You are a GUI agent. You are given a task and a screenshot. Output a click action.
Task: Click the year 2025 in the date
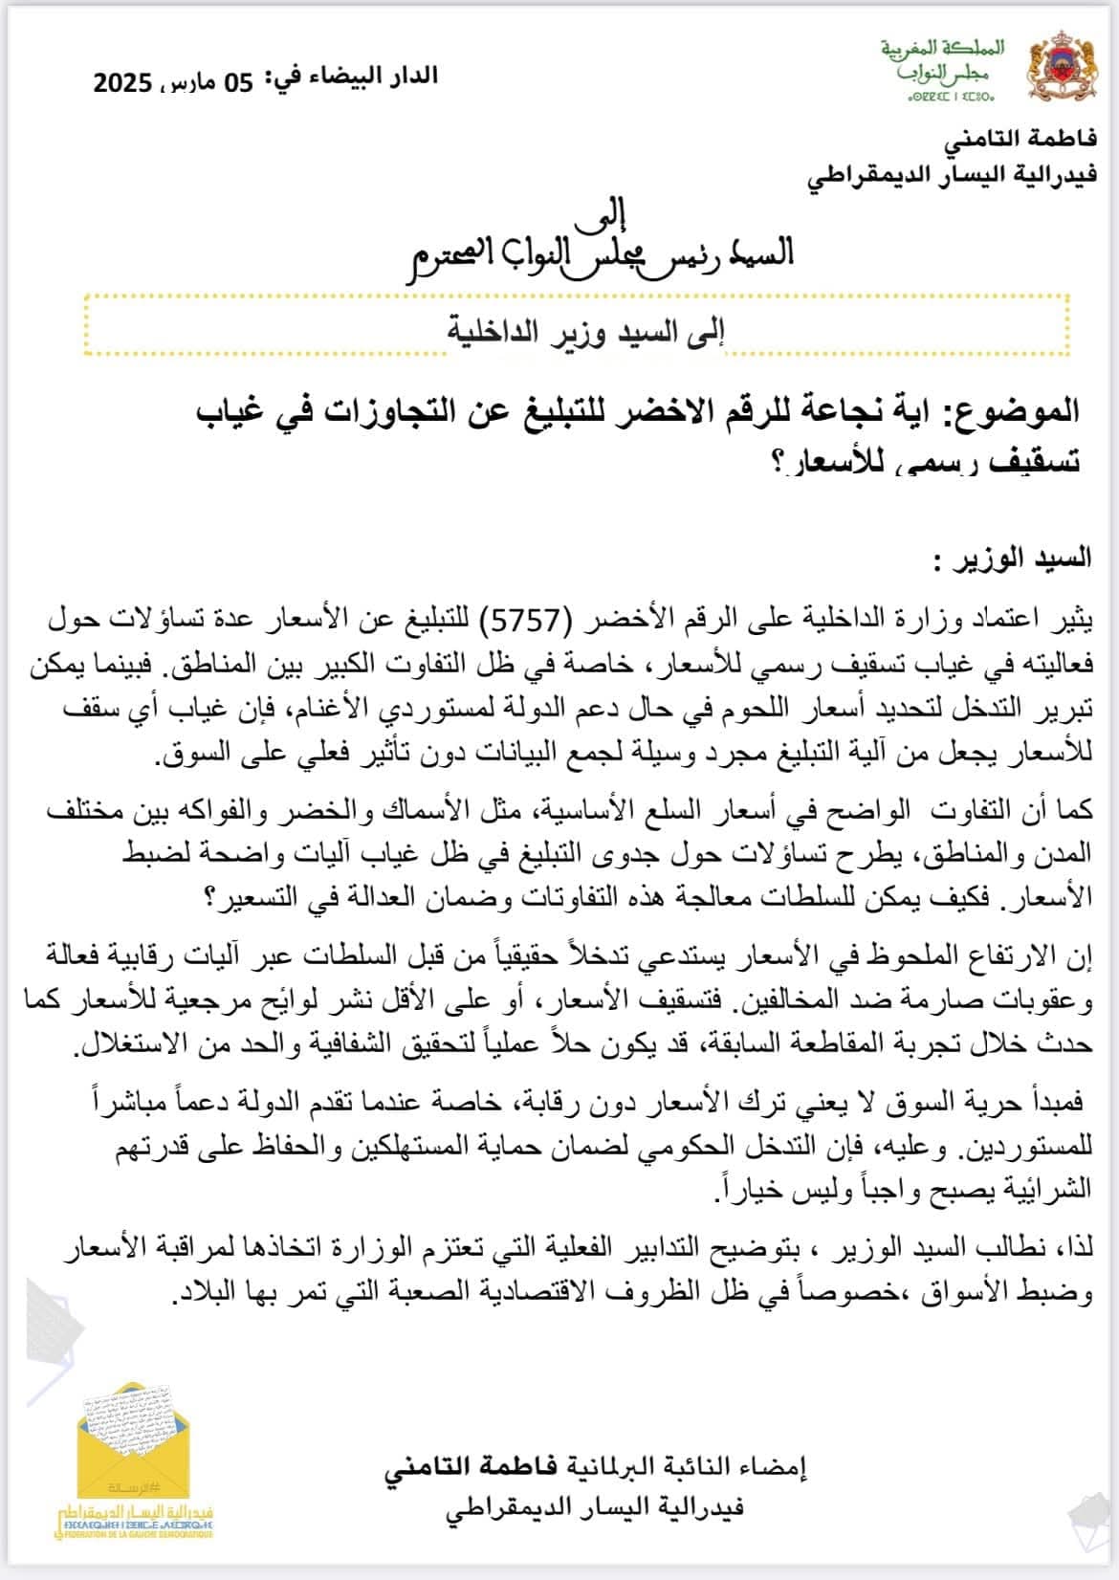tap(122, 83)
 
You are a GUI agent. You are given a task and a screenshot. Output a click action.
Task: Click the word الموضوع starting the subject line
tap(1012, 411)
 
